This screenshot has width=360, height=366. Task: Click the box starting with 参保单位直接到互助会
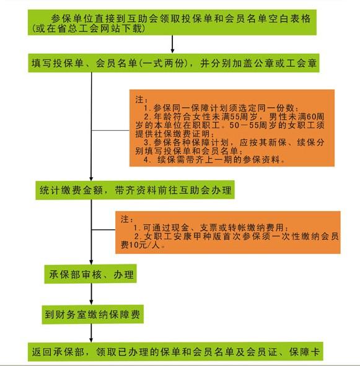pos(172,22)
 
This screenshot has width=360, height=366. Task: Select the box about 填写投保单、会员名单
pos(173,63)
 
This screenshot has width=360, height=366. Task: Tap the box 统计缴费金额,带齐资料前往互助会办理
pos(135,190)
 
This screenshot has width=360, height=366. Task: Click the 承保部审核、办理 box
pos(90,274)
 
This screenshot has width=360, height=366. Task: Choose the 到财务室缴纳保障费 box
pos(92,314)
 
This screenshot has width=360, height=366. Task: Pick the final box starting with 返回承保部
pos(175,351)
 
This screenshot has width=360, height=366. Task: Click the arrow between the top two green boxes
pos(172,45)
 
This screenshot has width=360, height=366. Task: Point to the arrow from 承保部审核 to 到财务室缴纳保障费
pos(91,294)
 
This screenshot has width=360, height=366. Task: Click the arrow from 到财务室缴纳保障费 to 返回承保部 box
pos(91,333)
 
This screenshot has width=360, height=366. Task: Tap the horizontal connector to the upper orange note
pos(110,130)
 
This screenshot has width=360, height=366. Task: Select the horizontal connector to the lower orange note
pos(103,230)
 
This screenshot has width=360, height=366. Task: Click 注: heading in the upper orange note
pos(141,100)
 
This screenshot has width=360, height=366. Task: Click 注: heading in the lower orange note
pos(127,219)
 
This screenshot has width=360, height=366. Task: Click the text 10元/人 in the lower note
pos(144,245)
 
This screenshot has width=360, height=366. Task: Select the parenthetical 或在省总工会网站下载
pos(89,28)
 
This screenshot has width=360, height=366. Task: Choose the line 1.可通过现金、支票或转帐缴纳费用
pos(211,227)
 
